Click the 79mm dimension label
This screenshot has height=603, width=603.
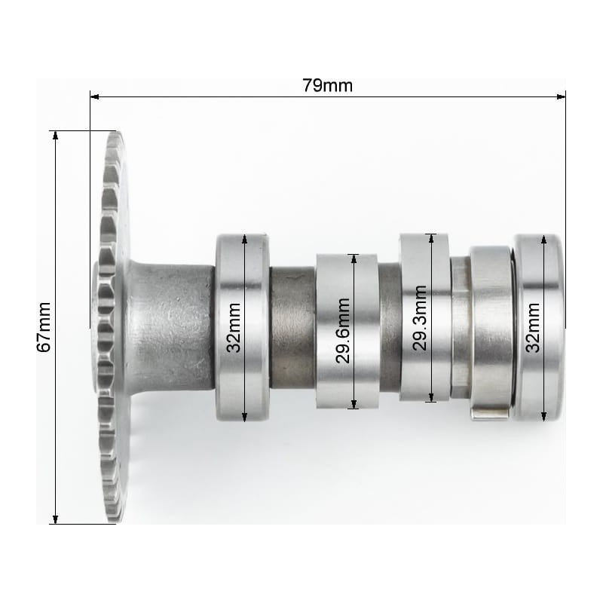click(x=327, y=85)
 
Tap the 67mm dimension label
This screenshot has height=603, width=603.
click(x=44, y=327)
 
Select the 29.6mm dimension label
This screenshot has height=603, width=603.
click(x=342, y=331)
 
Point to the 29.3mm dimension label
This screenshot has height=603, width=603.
click(x=420, y=318)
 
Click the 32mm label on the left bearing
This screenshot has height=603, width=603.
click(x=234, y=328)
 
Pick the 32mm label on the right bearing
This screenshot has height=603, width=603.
click(x=533, y=328)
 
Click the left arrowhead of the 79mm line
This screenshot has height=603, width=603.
click(x=94, y=96)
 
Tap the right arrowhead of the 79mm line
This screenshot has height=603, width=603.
click(x=561, y=96)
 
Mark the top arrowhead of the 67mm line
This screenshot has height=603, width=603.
click(x=55, y=136)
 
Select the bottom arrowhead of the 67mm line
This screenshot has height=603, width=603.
click(x=55, y=519)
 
